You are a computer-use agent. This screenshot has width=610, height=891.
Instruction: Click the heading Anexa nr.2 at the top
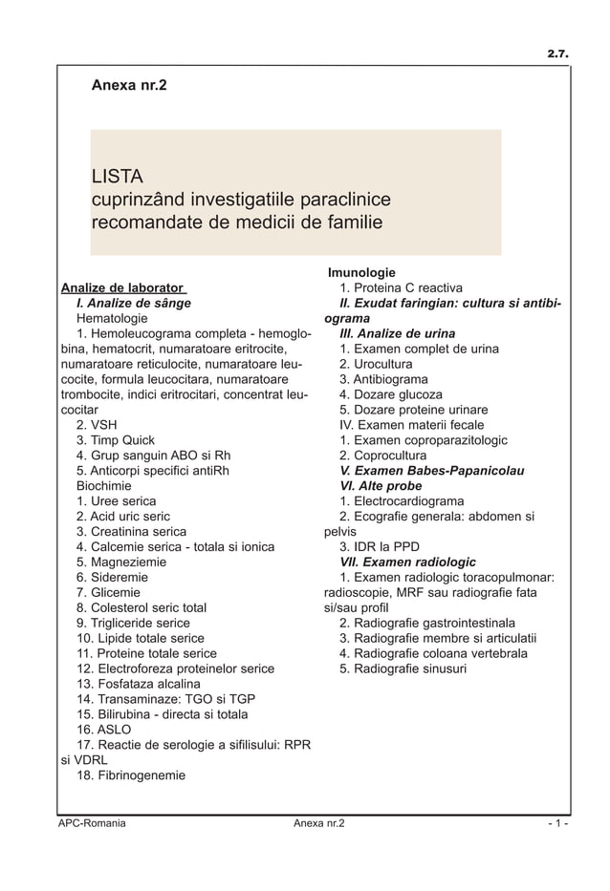coord(128,86)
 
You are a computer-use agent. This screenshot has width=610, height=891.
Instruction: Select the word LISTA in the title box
coord(117,177)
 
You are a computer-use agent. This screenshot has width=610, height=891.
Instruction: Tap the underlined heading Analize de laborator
coord(122,287)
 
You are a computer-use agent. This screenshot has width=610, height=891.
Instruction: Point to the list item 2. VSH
coord(97,425)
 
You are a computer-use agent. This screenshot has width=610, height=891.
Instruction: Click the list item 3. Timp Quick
coord(116,440)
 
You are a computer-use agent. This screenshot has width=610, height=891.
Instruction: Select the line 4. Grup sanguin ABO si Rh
coord(153,456)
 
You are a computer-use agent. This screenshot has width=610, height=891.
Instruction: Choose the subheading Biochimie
coord(108,486)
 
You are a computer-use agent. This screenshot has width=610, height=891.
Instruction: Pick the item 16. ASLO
coord(104,730)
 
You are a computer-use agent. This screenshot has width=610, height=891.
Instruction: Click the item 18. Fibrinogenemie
coord(131,775)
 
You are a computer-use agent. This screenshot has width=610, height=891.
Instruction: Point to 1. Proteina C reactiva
coord(401,287)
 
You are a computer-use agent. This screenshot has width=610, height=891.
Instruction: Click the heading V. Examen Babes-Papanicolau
coord(431,471)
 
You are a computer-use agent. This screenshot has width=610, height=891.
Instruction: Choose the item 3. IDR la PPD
coord(380,547)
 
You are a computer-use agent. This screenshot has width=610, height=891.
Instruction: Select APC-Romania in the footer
coord(92,823)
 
